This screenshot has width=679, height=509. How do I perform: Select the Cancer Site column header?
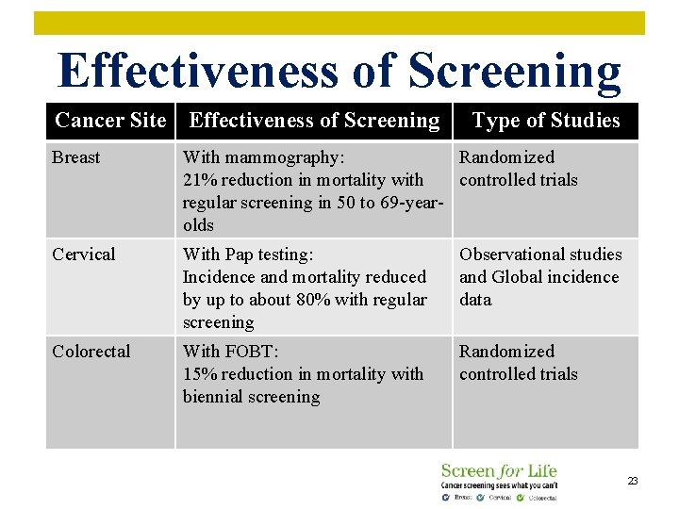click(x=110, y=121)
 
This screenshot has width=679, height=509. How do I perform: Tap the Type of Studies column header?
click(x=546, y=121)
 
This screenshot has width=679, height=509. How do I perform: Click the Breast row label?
click(x=76, y=157)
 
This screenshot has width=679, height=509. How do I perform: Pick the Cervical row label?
click(x=84, y=254)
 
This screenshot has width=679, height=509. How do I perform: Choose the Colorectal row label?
click(x=91, y=352)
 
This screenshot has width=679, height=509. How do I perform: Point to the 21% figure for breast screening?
click(x=199, y=180)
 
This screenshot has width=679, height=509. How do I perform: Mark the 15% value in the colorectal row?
click(x=199, y=374)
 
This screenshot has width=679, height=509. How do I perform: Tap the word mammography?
click(x=283, y=157)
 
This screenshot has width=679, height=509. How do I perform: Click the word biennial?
click(x=216, y=397)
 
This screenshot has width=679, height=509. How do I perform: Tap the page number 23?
click(x=633, y=481)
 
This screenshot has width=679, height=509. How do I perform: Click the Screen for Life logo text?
click(x=499, y=470)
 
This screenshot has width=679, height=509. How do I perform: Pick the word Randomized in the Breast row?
click(x=506, y=157)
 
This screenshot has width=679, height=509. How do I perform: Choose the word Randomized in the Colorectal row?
click(x=506, y=352)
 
